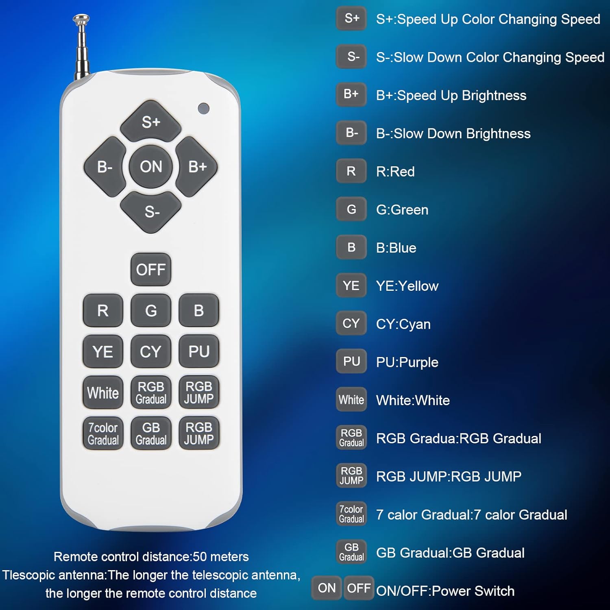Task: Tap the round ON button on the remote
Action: (151, 167)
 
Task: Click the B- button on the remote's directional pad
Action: (105, 167)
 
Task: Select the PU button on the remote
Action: (199, 351)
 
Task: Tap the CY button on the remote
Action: (151, 351)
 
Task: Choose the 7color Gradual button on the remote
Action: (103, 434)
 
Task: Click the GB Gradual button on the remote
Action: (151, 434)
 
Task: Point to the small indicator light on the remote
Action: (203, 109)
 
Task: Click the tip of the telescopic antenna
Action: (81, 18)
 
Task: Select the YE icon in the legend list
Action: (351, 285)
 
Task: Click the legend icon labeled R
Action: (351, 171)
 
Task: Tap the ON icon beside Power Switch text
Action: (327, 588)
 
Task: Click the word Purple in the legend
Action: (419, 362)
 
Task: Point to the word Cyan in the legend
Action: (415, 324)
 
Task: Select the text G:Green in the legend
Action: (402, 210)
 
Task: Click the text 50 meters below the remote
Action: (221, 557)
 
